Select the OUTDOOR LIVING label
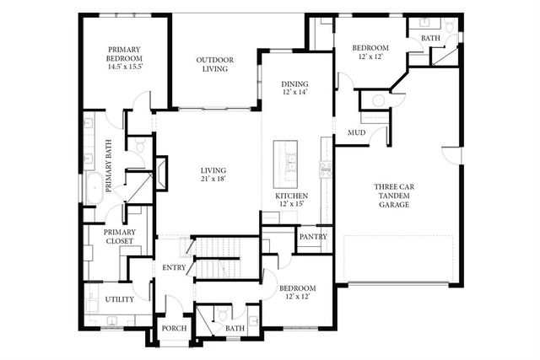[x=215, y=64]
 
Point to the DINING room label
[x=294, y=83]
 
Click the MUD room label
[x=356, y=133]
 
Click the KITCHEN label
[x=289, y=196]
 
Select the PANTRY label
[x=313, y=238]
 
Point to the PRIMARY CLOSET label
[x=119, y=237]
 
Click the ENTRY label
[x=175, y=268]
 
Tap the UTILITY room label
[x=119, y=299]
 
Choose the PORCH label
[x=174, y=329]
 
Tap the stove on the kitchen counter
[x=323, y=166]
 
